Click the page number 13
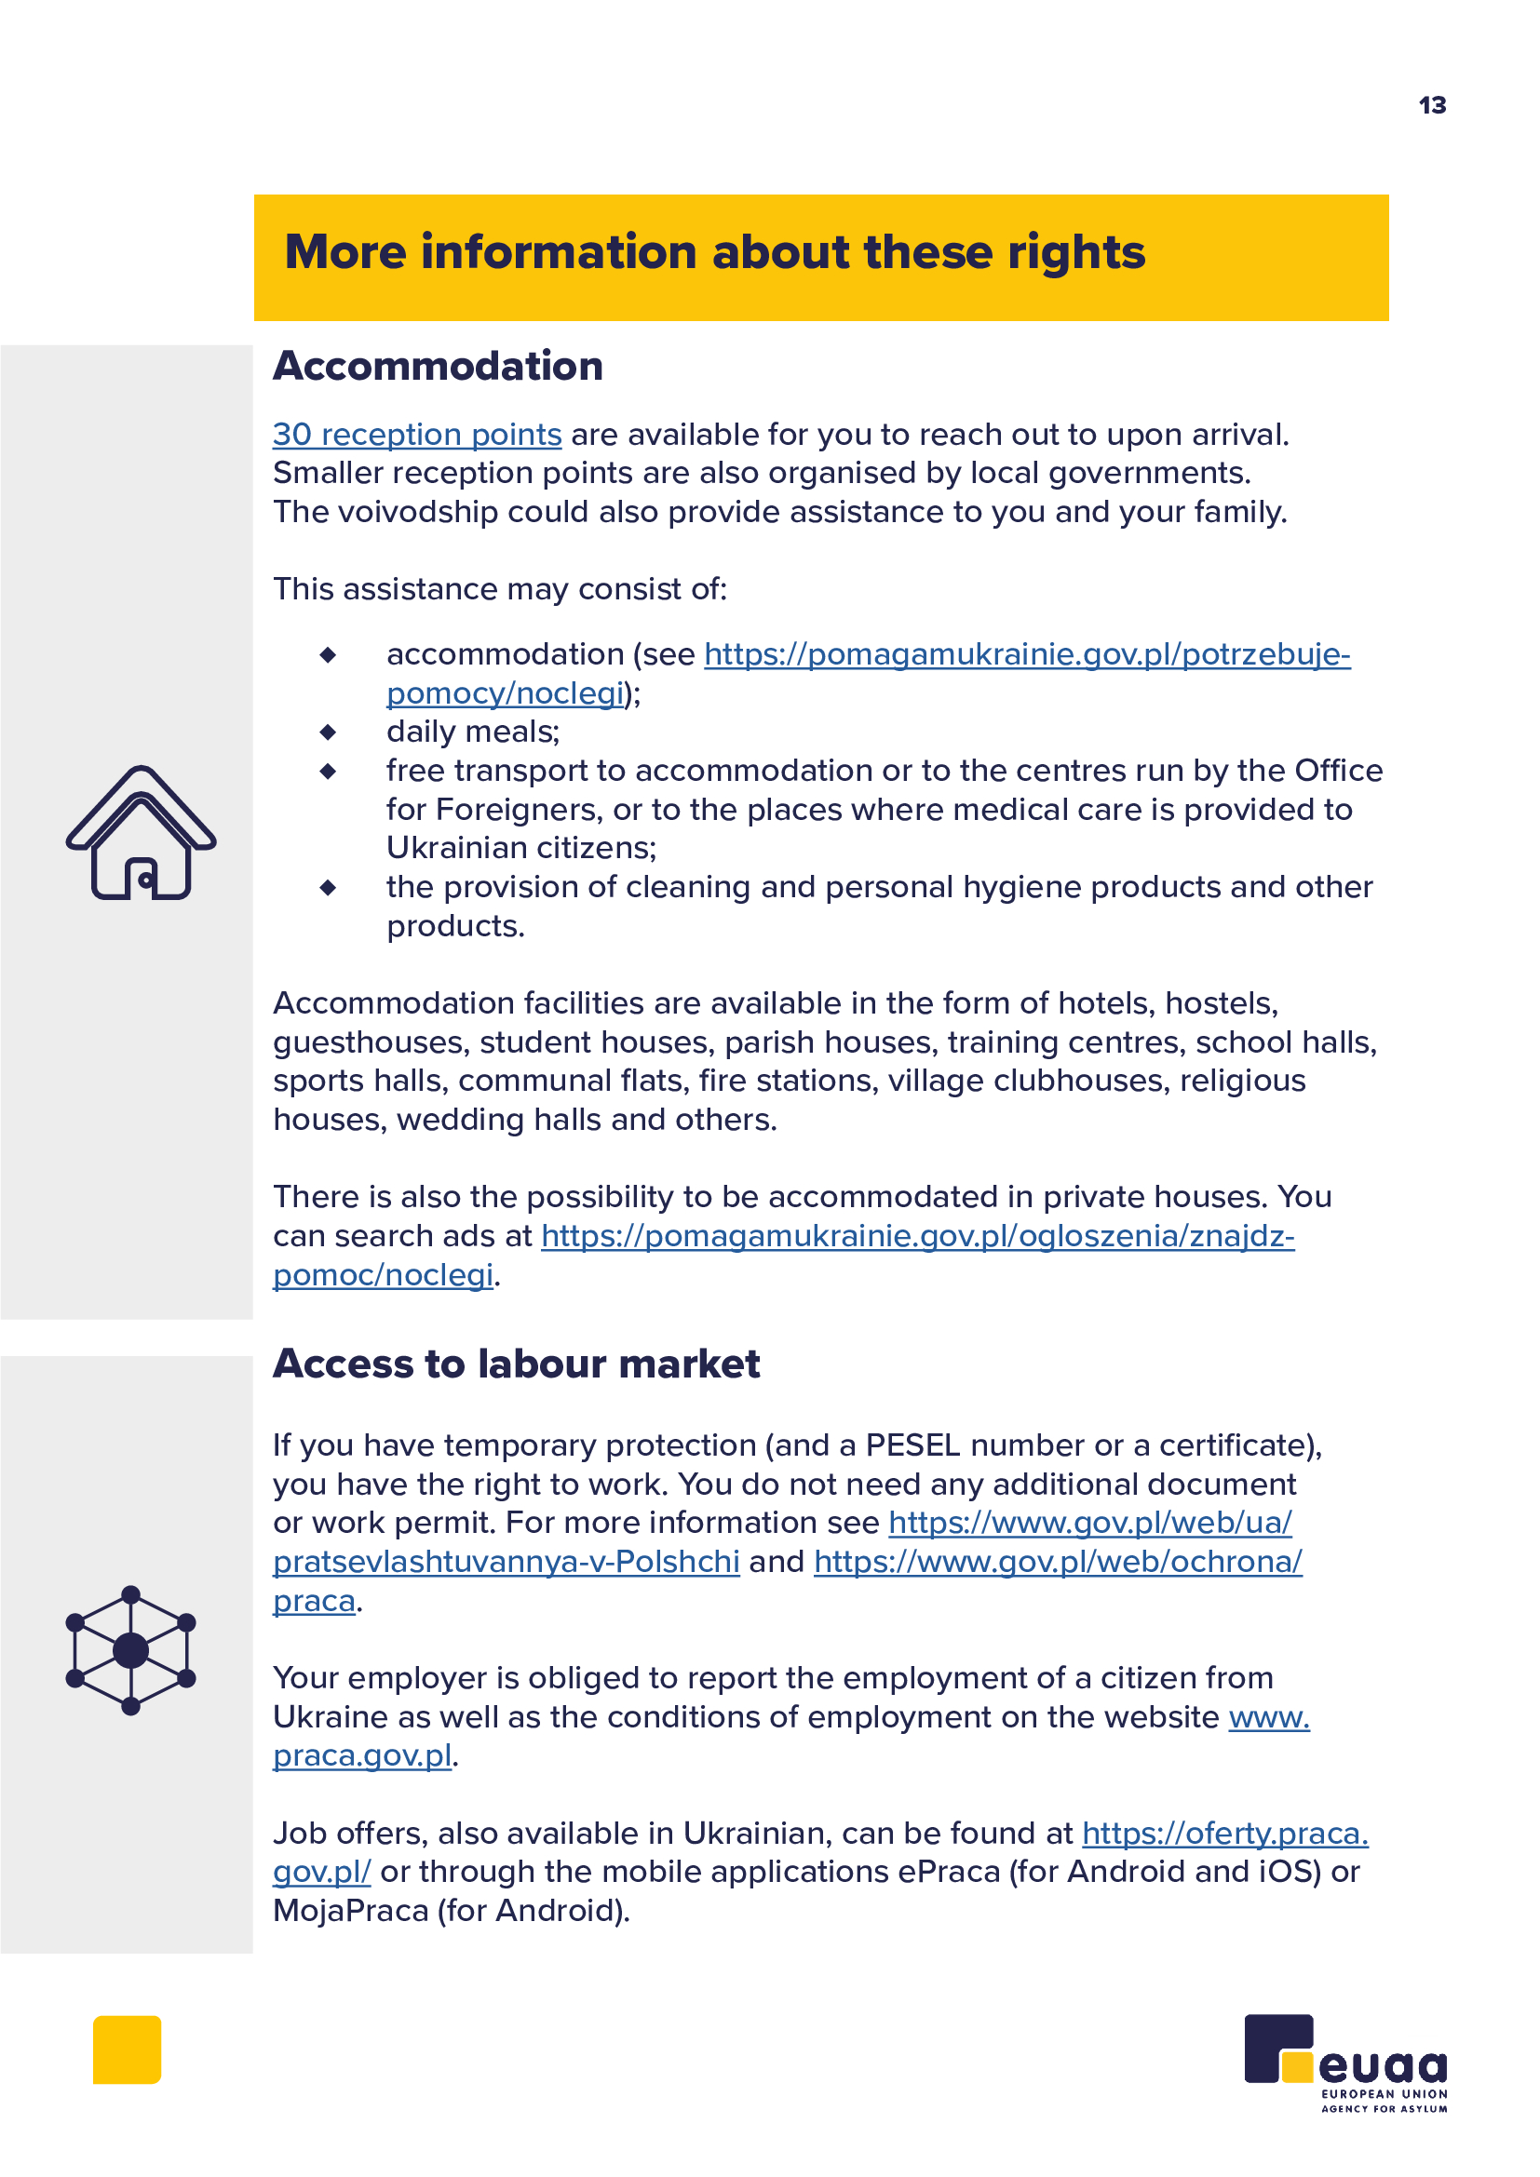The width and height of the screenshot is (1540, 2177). tap(1432, 105)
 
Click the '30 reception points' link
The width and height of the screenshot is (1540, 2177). tap(417, 435)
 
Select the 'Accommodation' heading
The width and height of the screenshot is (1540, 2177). tap(438, 366)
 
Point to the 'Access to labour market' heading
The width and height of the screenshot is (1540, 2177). tap(516, 1364)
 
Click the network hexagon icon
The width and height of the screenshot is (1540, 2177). tap(131, 1650)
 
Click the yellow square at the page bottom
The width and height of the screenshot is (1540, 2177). tap(127, 2049)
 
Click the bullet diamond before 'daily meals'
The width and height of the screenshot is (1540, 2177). tap(328, 732)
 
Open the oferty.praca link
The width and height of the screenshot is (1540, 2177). tap(1225, 1833)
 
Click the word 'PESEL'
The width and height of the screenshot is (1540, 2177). tap(913, 1445)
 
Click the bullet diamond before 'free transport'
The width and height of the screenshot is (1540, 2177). tap(328, 771)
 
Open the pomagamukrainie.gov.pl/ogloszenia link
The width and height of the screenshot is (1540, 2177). tap(917, 1235)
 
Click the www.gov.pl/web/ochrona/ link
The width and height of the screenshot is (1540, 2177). tap(1058, 1561)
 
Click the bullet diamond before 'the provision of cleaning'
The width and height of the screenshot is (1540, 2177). tap(328, 888)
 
